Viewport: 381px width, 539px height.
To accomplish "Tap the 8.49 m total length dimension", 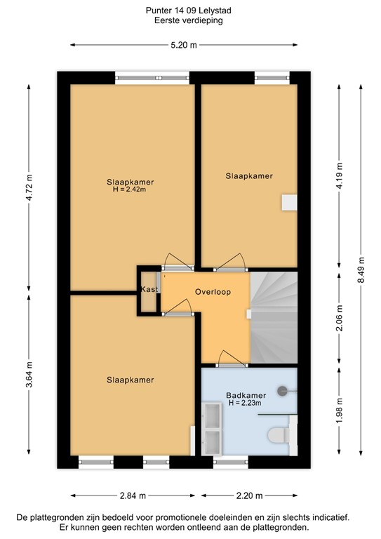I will pos(361,267).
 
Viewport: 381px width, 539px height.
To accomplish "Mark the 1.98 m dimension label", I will pos(339,411).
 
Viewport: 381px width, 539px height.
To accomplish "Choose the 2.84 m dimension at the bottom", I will pos(128,495).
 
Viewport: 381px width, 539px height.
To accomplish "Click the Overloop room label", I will pos(213,291).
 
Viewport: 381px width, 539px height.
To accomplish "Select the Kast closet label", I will pos(148,289).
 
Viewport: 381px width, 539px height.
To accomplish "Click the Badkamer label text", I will pos(243,394).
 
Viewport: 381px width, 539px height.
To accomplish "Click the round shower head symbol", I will pos(283,390).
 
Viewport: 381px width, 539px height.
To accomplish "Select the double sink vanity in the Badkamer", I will pos(212,428).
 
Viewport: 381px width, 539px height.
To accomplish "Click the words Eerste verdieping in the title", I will pos(190,21).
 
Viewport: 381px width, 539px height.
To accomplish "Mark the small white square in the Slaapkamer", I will pos(288,202).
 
